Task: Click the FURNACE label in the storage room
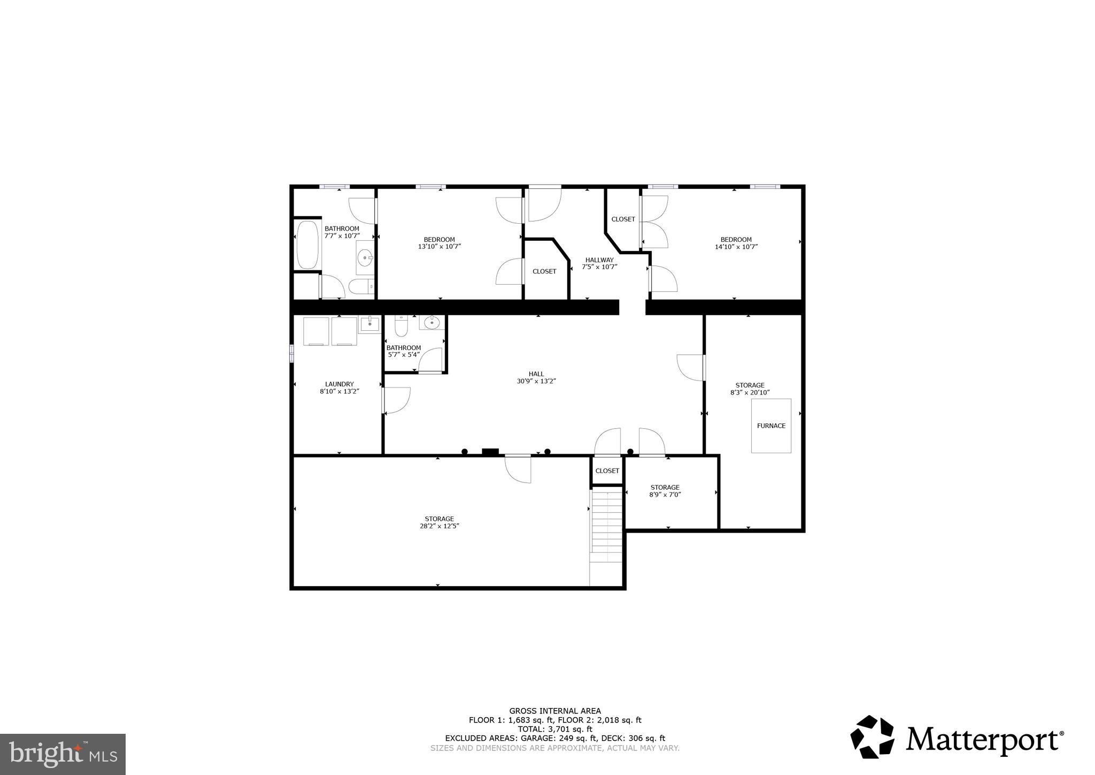(x=771, y=426)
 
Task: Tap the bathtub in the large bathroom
(x=307, y=245)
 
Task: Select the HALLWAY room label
(x=599, y=260)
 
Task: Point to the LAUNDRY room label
(x=339, y=384)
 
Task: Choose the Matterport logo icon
(x=872, y=736)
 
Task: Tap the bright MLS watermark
(x=63, y=754)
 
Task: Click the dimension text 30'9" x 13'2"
(x=536, y=381)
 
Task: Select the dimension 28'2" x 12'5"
(x=439, y=526)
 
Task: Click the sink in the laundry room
(x=369, y=323)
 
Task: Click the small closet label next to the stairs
(x=607, y=471)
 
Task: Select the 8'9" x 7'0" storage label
(x=665, y=491)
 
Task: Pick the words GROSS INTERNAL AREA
(x=555, y=711)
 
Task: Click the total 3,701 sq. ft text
(x=555, y=729)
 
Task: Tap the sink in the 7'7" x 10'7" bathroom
(x=366, y=259)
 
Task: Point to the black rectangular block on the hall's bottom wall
(x=490, y=452)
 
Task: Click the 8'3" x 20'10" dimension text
(x=750, y=392)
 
